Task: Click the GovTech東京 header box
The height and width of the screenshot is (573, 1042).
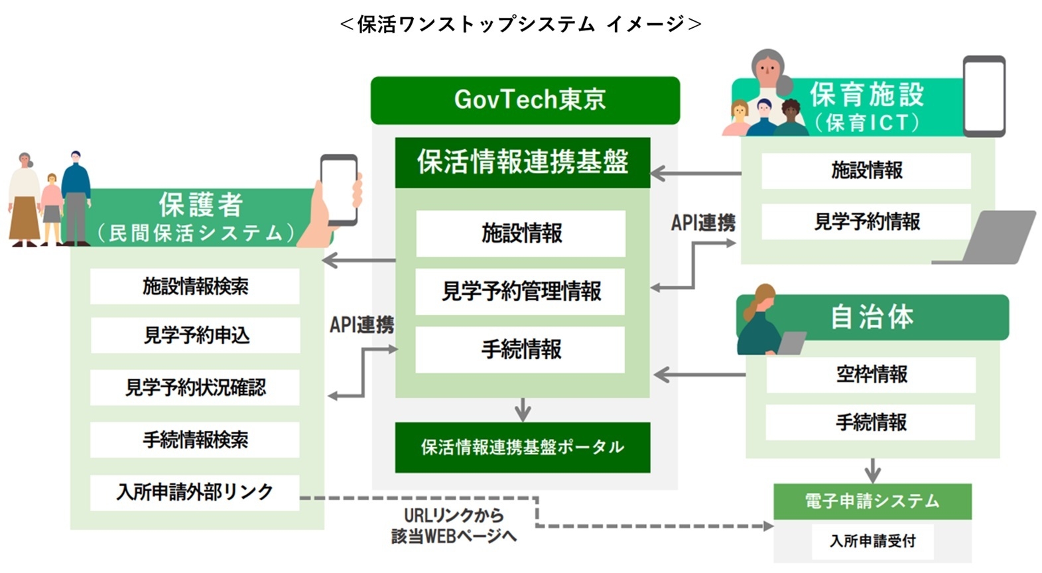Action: tap(525, 100)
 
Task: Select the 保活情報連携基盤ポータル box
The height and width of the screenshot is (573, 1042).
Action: tap(522, 447)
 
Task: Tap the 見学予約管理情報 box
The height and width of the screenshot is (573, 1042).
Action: tap(521, 291)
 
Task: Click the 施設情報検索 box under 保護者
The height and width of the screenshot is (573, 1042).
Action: tap(195, 286)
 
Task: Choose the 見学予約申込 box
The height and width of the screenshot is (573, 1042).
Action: tap(195, 336)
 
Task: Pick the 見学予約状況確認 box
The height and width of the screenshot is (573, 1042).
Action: tap(195, 387)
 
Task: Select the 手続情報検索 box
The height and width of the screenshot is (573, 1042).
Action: tap(195, 440)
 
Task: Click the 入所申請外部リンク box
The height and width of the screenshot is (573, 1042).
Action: tap(195, 492)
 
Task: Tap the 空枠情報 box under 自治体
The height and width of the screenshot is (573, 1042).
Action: tap(871, 375)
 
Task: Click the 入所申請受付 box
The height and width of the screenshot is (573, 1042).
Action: tap(872, 541)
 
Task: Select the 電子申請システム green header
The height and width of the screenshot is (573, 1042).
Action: tap(872, 501)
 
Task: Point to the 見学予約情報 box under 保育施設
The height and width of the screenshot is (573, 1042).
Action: tap(866, 222)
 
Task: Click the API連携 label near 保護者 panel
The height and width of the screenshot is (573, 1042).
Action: tap(361, 324)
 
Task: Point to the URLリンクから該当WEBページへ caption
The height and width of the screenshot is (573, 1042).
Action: tap(454, 525)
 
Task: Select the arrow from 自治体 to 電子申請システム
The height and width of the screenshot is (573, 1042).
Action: tap(873, 470)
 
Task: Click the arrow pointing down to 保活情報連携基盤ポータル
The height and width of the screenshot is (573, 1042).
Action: tap(523, 409)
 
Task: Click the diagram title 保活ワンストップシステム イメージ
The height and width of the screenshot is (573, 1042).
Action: tap(521, 25)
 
